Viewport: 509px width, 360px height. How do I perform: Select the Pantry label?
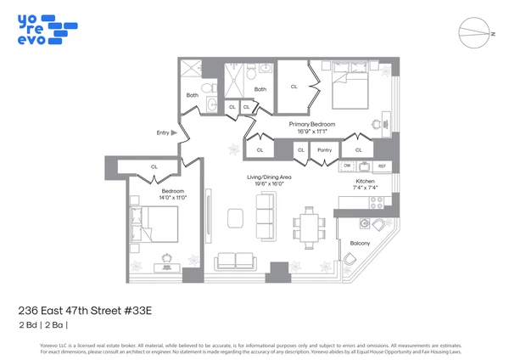click(x=324, y=150)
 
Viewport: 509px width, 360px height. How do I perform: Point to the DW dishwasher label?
click(x=347, y=166)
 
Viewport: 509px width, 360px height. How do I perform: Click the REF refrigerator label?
click(x=382, y=166)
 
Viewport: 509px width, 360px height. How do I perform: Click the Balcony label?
click(x=361, y=243)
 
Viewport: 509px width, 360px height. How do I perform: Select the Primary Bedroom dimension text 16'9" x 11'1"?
click(x=312, y=132)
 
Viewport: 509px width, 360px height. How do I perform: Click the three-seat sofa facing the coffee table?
click(x=266, y=211)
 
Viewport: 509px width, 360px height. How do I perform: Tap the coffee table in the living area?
click(x=234, y=218)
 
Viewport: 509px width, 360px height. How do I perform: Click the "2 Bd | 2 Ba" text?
click(x=43, y=325)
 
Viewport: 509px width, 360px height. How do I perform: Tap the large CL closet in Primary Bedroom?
click(x=294, y=87)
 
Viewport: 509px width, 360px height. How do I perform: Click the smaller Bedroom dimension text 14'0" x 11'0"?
click(x=173, y=198)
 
